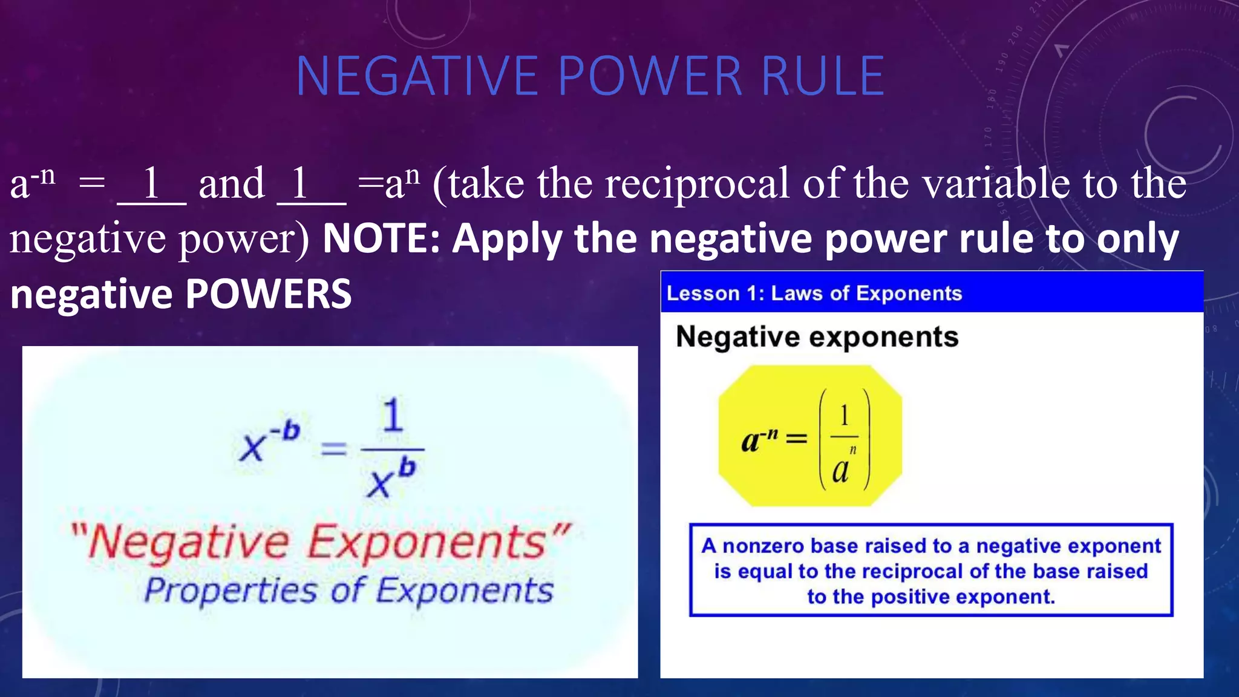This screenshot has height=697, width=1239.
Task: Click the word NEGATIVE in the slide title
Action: (416, 76)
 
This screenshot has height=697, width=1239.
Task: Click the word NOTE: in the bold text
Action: (381, 238)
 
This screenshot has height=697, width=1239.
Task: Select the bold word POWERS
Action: (268, 294)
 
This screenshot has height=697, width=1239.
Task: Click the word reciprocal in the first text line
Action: (696, 184)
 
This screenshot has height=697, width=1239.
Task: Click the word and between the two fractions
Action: (232, 184)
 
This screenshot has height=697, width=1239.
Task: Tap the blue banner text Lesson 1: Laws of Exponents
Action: (814, 293)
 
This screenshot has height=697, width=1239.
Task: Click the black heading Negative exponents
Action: (817, 337)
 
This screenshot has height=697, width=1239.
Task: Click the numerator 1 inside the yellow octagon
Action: (844, 416)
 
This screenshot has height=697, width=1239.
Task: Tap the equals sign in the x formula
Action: (333, 449)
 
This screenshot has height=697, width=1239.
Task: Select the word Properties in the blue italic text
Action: (230, 591)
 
